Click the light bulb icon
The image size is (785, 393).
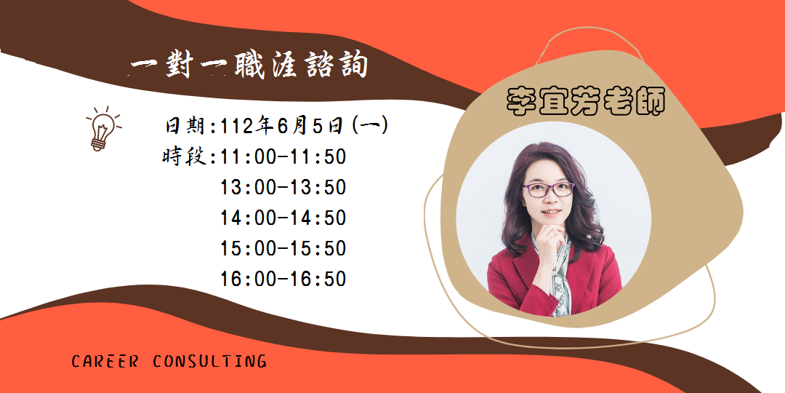(103, 128)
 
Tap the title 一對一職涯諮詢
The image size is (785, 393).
(249, 65)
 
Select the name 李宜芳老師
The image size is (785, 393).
(585, 102)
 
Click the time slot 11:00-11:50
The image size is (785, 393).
(283, 157)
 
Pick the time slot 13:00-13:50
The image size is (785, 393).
(283, 188)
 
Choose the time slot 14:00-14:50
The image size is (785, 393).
(283, 218)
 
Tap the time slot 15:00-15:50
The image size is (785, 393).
(283, 249)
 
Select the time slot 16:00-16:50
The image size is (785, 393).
(283, 279)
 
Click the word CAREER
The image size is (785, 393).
(105, 362)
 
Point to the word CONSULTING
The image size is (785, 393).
(210, 362)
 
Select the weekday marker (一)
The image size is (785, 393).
(370, 126)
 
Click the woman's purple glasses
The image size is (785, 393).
(548, 189)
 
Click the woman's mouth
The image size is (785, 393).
(551, 213)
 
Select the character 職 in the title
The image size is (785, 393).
(249, 65)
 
